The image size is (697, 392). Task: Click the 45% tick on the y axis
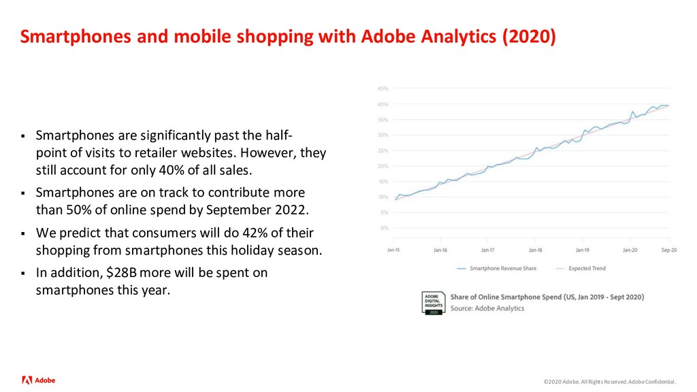383,88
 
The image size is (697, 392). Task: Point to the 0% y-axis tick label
385,227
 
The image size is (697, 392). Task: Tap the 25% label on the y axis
383,150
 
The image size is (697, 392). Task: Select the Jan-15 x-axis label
394,249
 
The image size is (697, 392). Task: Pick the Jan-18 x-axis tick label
535,249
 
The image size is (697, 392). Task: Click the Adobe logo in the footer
39,380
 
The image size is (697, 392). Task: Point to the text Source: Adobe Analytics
487,308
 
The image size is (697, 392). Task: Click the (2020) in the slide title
529,36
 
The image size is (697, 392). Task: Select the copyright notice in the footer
610,382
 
